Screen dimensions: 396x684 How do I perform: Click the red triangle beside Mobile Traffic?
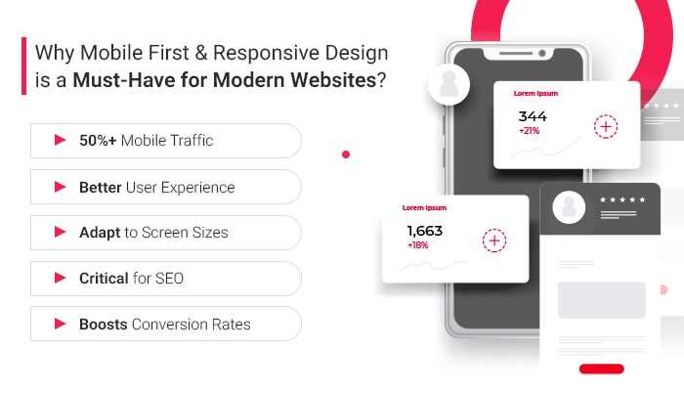point(60,140)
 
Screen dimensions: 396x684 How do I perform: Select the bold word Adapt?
point(100,233)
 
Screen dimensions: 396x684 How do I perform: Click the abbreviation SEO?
point(168,279)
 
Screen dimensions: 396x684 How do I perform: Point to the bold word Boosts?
point(103,324)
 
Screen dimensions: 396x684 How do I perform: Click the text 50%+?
point(99,141)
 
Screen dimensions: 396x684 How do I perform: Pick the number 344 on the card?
point(533,116)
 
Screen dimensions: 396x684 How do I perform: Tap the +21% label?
point(531,131)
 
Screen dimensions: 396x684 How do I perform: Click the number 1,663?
point(424,231)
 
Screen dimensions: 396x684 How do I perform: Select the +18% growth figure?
point(417,245)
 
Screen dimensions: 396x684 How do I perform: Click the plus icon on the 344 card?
point(606,126)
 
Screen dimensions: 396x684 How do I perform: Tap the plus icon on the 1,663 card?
point(494,241)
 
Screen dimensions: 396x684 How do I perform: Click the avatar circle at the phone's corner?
point(455,85)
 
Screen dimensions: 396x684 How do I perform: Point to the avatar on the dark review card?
point(569,206)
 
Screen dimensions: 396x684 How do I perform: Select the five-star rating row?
point(622,200)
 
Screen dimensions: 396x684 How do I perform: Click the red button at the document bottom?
point(601,369)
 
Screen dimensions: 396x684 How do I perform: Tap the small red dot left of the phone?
point(346,154)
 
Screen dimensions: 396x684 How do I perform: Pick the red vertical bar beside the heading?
point(23,66)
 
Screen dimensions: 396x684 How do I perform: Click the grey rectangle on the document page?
point(601,299)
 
